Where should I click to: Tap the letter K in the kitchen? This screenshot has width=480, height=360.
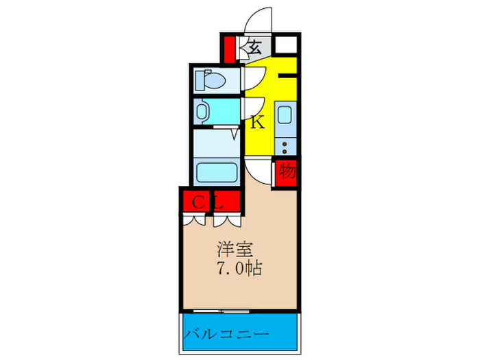[x=258, y=123]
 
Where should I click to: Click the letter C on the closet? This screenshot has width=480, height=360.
[x=196, y=202]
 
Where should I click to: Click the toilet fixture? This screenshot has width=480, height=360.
[x=210, y=81]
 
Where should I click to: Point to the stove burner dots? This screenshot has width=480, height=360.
[x=286, y=146]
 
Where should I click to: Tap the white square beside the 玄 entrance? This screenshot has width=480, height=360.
[x=286, y=47]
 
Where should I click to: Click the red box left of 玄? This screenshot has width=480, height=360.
[x=229, y=49]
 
